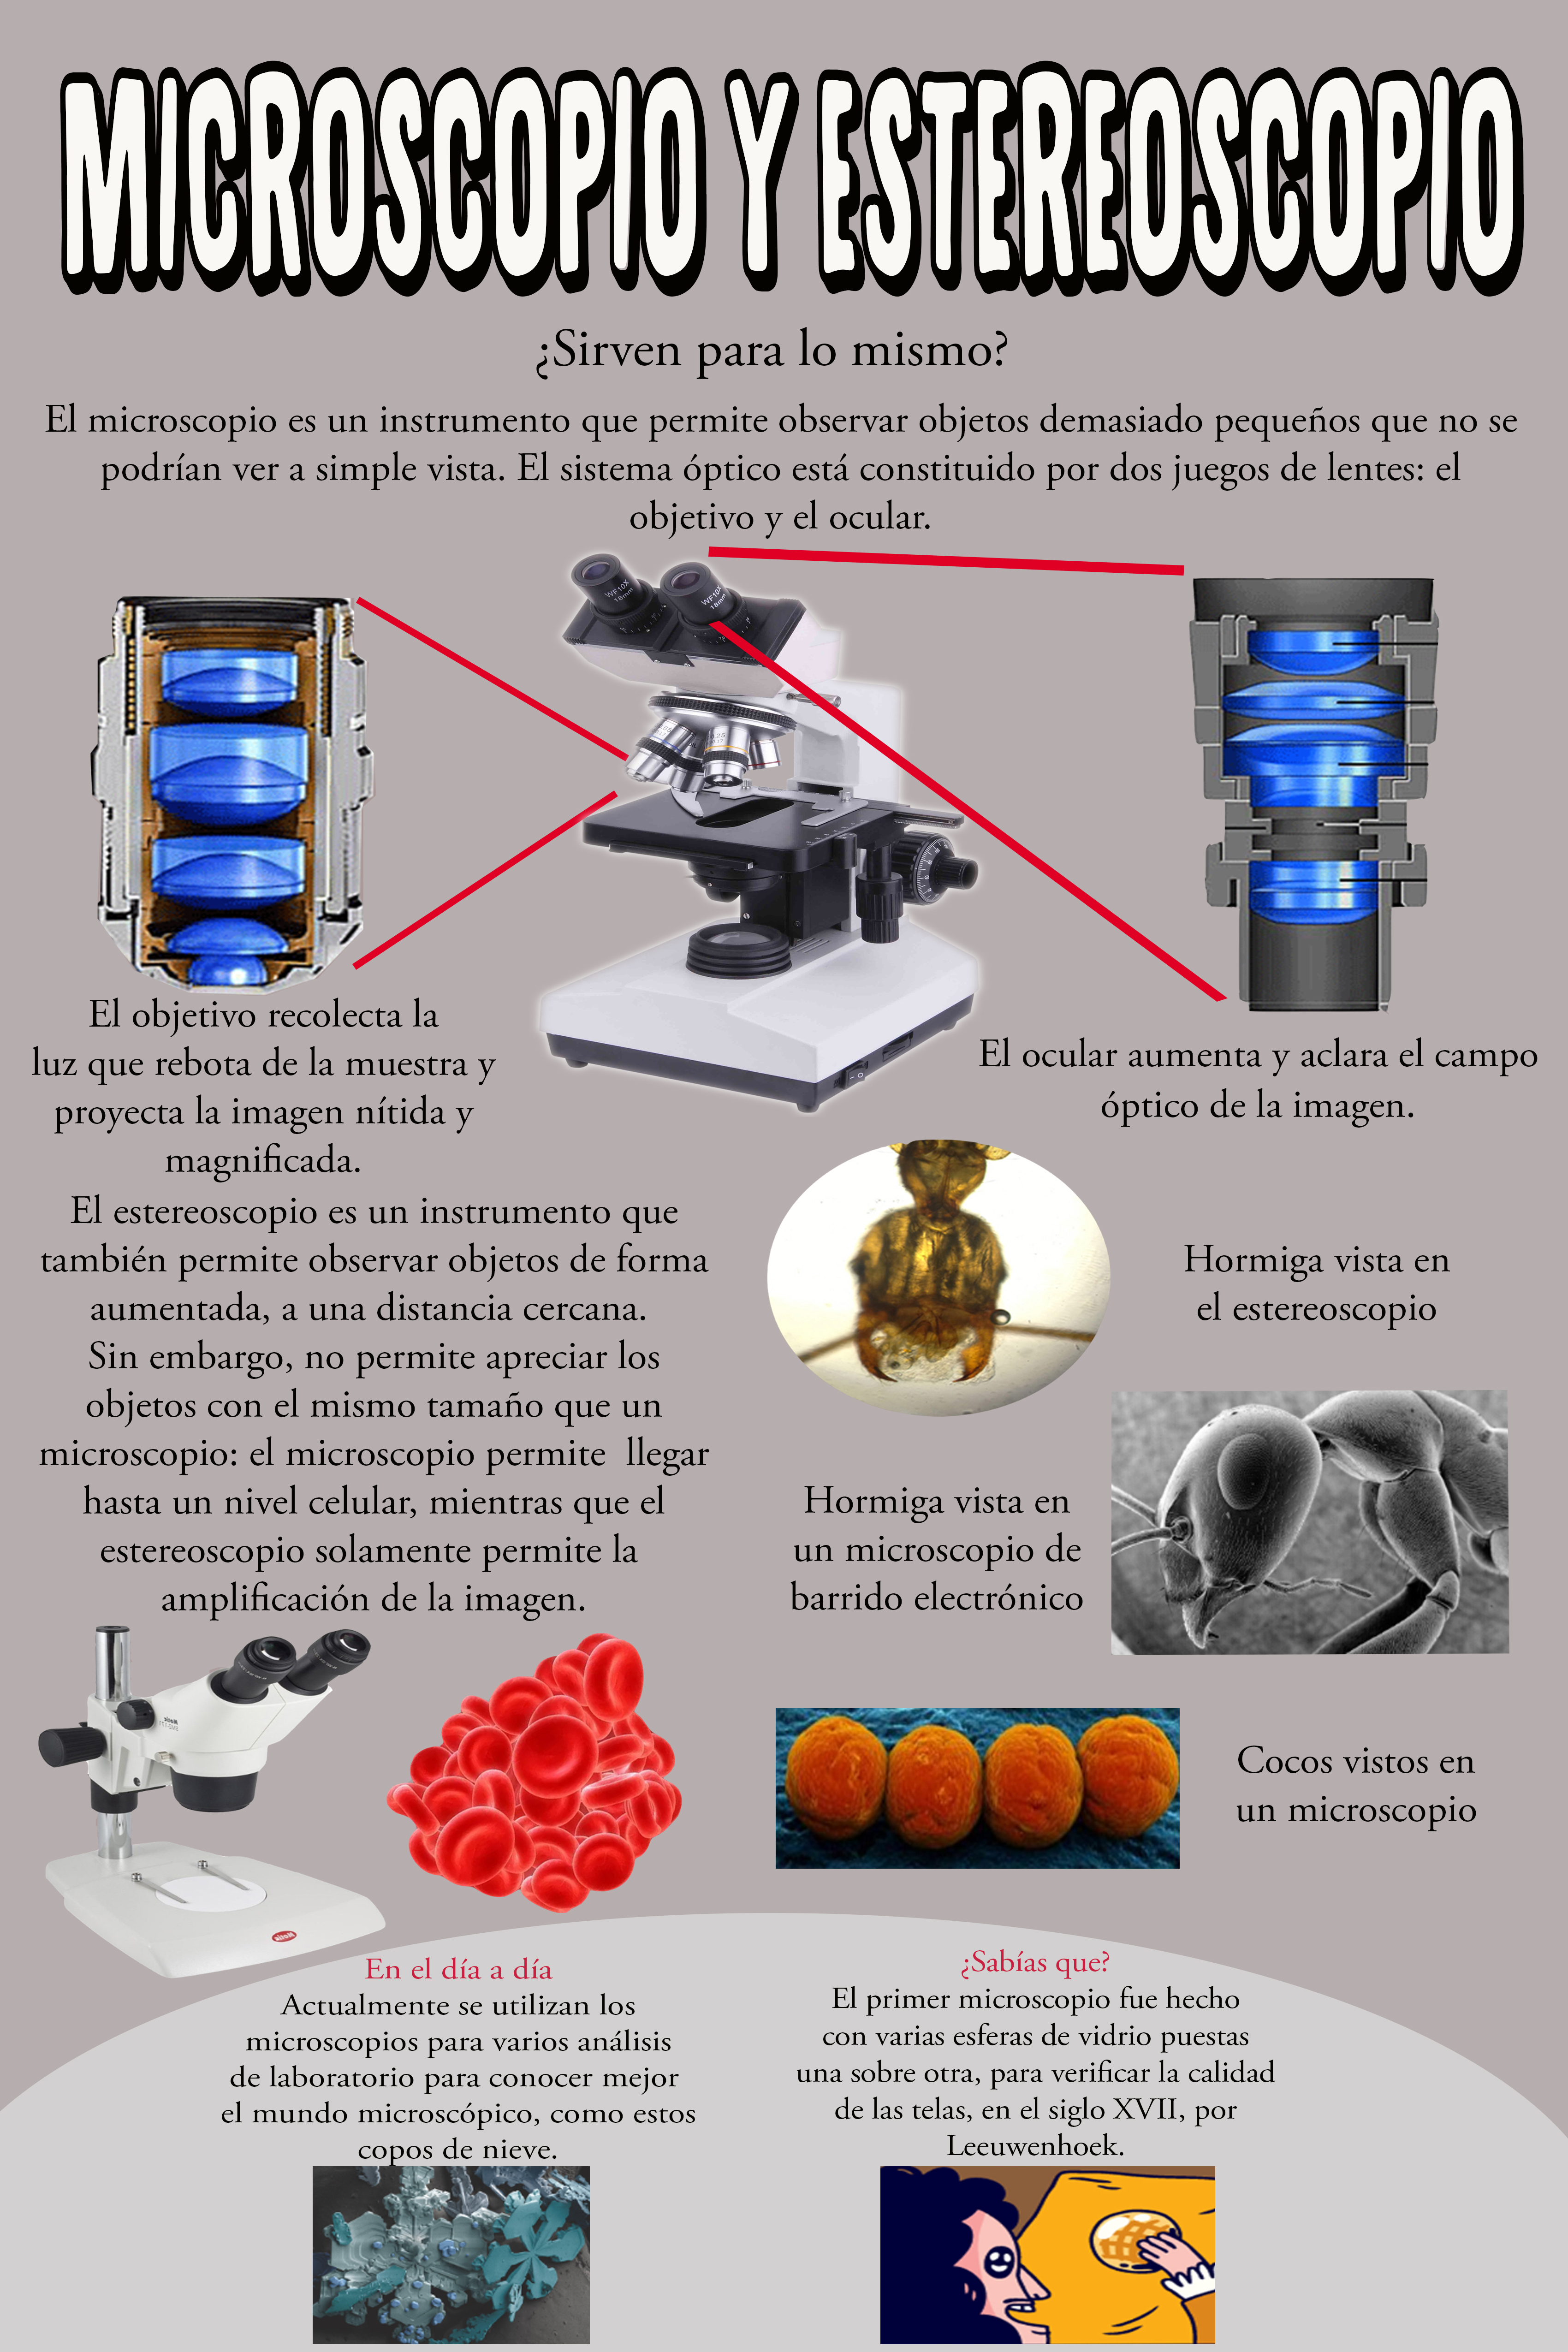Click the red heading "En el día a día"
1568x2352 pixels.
click(x=459, y=1969)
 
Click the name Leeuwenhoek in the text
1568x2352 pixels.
click(x=1035, y=2145)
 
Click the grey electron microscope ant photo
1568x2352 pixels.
click(x=1309, y=1522)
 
